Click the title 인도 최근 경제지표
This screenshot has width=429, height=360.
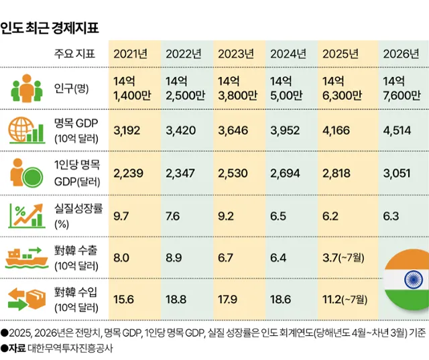click(x=50, y=27)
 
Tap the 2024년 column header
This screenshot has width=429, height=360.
click(x=288, y=54)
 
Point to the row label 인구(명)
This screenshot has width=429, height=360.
click(x=71, y=87)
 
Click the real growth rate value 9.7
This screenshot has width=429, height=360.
click(x=121, y=217)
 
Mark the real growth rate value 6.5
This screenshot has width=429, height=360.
click(x=278, y=217)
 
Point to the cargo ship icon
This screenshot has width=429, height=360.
click(x=25, y=257)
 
